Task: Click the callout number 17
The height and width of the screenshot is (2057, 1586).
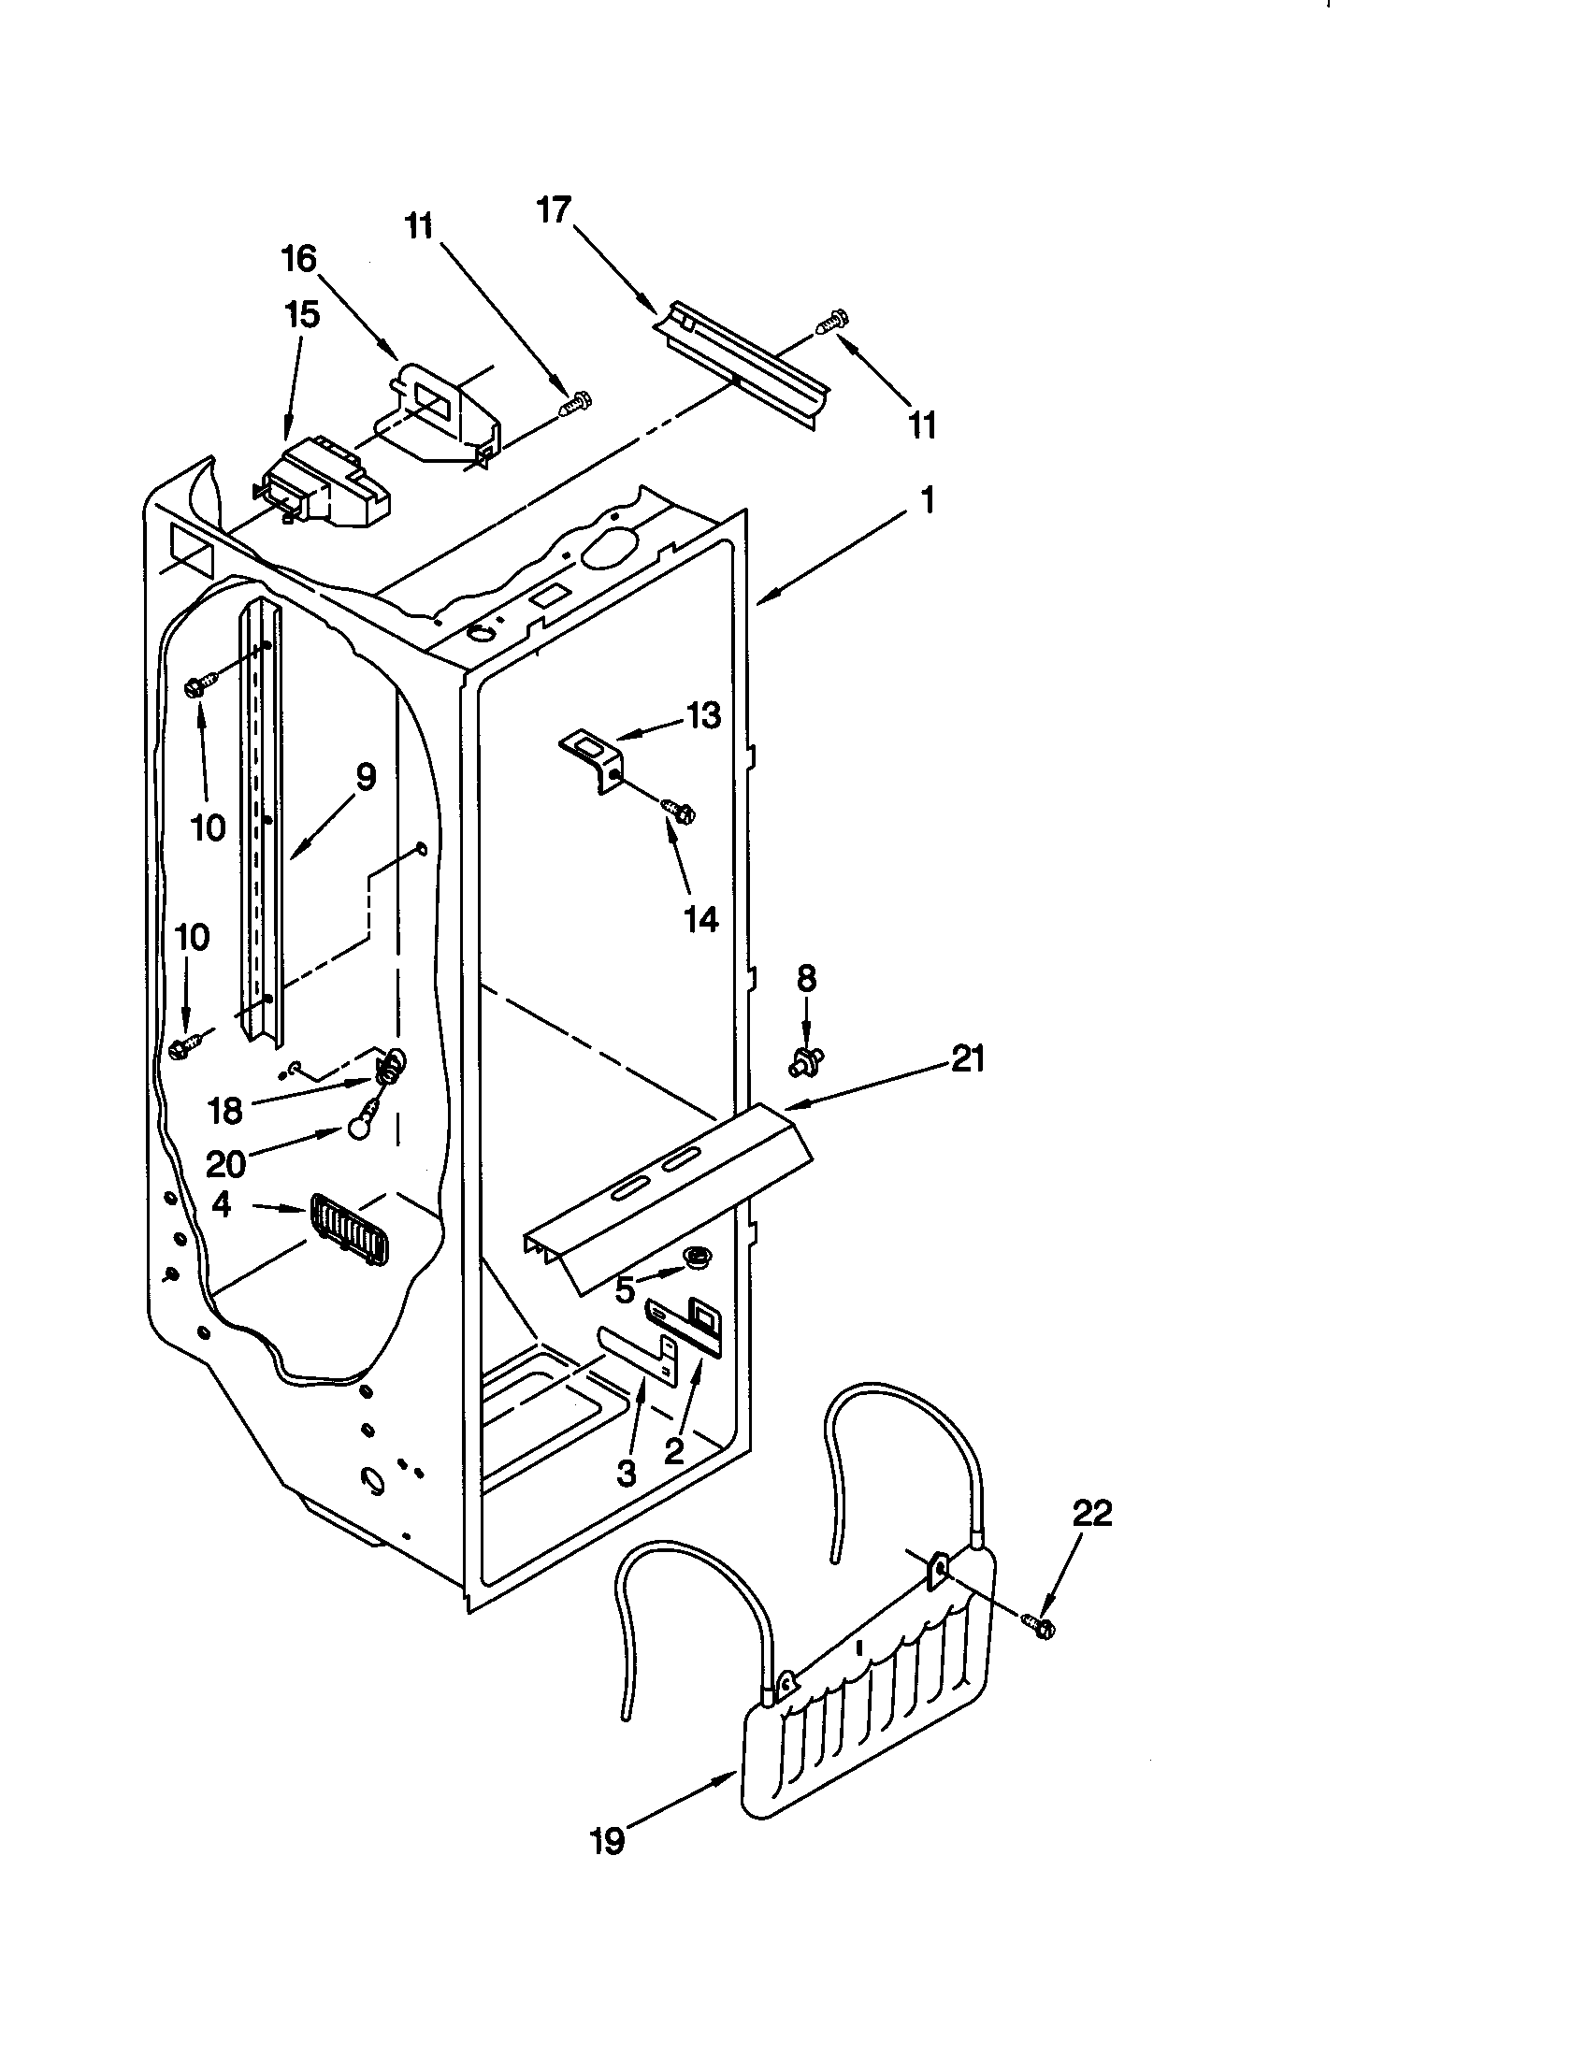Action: pyautogui.click(x=555, y=210)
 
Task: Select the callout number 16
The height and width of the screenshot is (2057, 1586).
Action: pyautogui.click(x=299, y=259)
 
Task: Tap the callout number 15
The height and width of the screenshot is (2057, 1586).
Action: pyautogui.click(x=302, y=314)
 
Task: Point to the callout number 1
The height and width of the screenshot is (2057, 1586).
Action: pyautogui.click(x=928, y=500)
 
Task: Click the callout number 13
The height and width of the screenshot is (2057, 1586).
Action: pyautogui.click(x=702, y=716)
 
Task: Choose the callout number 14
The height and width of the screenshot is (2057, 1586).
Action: pyautogui.click(x=700, y=919)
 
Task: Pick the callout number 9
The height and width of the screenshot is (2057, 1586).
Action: pyautogui.click(x=366, y=777)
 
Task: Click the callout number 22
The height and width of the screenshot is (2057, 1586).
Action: pyautogui.click(x=1092, y=1514)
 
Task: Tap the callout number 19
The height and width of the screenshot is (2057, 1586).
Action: pyautogui.click(x=609, y=1840)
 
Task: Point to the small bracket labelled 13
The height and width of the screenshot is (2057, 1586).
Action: pyautogui.click(x=590, y=762)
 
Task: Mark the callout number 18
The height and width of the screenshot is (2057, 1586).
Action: pyautogui.click(x=225, y=1112)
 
